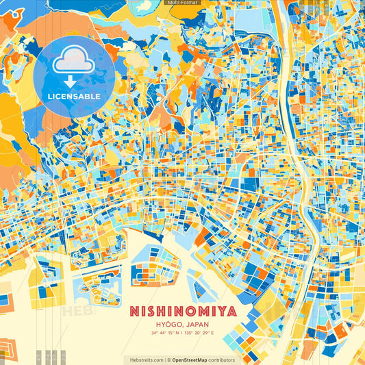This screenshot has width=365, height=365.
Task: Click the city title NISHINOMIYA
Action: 183,312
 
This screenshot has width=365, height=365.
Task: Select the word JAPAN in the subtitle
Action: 197,325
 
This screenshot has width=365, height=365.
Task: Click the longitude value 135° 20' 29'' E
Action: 199,333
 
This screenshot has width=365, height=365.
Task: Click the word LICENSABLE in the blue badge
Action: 74,96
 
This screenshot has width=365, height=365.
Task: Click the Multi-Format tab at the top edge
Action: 182,3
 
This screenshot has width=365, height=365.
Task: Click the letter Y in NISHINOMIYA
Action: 221,312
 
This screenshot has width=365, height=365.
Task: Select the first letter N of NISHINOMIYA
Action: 134,312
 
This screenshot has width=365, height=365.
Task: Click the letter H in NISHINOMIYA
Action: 162,312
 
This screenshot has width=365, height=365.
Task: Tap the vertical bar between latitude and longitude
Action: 183,333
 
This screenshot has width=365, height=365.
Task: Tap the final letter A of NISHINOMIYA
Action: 232,312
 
